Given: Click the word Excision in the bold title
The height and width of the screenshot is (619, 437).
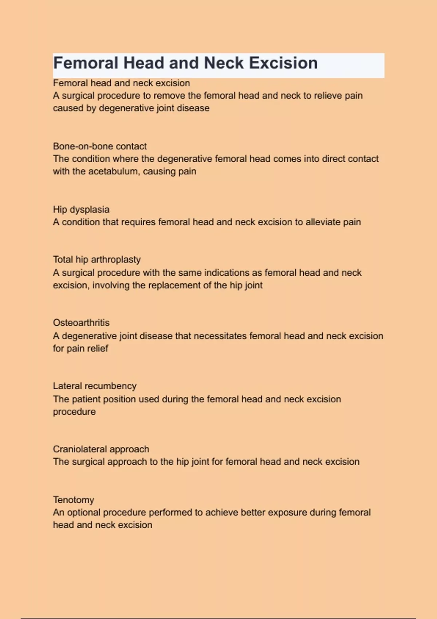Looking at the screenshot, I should [283, 63].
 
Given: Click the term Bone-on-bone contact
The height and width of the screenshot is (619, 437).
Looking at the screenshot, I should [99, 146].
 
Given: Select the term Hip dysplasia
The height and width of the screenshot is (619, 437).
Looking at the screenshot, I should [81, 209].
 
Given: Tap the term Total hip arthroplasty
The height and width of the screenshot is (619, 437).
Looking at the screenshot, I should [97, 260].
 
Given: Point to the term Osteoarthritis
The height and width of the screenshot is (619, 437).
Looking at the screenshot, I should [81, 323].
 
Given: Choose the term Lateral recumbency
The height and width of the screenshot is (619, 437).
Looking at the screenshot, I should [94, 386].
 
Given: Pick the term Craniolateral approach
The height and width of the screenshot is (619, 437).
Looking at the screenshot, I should [101, 449].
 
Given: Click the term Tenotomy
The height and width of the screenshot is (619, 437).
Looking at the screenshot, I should [73, 500].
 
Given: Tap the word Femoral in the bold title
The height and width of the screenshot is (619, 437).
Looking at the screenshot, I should [86, 63].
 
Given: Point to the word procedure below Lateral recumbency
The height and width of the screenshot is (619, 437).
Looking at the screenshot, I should [74, 412].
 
